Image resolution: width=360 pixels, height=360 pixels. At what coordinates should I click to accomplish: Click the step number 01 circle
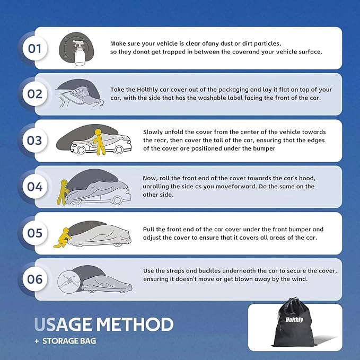coord(35,48)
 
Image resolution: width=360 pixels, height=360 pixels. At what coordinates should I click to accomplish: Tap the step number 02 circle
coord(35,94)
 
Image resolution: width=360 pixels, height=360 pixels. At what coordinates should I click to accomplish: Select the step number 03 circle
coord(35,141)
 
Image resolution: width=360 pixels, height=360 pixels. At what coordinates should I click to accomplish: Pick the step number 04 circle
coord(35,187)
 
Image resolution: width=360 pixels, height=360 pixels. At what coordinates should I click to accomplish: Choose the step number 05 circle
coord(35,233)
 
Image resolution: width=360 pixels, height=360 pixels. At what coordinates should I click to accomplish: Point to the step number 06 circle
coord(35,279)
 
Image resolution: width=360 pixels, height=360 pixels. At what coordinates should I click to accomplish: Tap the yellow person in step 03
coord(99,142)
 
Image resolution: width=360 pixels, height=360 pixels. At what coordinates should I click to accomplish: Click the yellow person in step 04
coord(63,192)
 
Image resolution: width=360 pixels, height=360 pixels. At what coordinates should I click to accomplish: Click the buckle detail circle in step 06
coord(69,282)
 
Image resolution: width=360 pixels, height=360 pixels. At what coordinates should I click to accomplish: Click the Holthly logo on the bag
coord(294,320)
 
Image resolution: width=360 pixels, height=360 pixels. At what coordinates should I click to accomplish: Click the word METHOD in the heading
coord(135,324)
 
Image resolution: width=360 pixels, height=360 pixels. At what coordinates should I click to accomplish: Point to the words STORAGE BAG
coord(69,341)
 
